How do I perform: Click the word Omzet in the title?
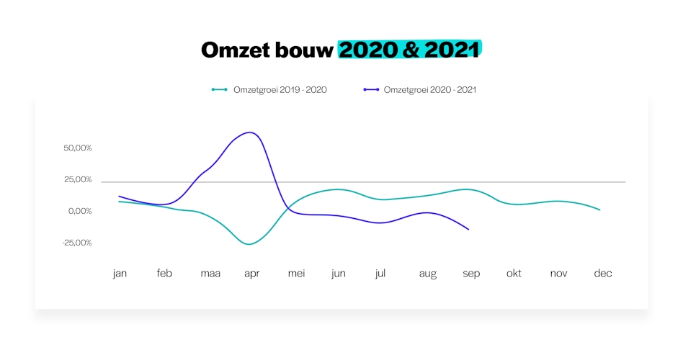238,50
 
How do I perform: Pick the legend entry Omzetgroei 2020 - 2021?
429,90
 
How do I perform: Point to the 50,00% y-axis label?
78,148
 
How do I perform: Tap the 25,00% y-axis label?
78,179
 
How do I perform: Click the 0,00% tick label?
80,211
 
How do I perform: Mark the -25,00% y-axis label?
76,243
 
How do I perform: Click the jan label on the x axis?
120,274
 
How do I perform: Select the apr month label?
251,274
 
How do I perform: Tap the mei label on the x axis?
296,274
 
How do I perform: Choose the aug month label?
427,274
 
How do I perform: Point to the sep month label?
471,274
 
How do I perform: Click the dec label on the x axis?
603,274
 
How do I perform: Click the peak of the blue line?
249,132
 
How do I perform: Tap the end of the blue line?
469,229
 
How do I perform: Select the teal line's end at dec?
599,210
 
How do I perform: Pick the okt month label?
514,274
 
